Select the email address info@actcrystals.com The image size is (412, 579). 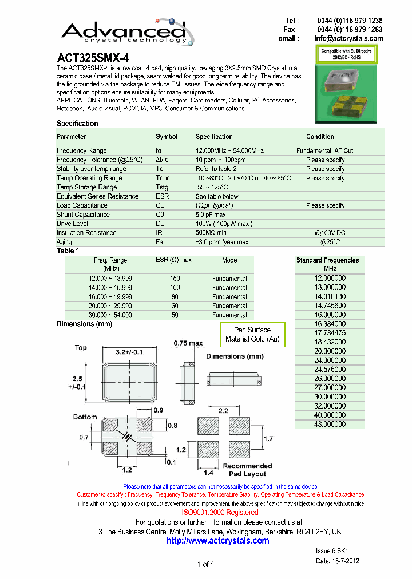348,38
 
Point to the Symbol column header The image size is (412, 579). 167,137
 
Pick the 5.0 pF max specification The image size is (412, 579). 211,215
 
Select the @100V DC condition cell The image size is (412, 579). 331,233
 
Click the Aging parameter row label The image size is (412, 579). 64,242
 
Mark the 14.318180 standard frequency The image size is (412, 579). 330,296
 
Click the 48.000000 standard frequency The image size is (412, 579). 330,424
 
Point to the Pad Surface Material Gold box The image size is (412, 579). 252,335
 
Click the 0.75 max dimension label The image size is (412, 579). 188,343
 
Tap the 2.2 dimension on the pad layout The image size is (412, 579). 224,410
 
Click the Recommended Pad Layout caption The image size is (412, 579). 247,470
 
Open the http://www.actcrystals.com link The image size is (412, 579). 217,541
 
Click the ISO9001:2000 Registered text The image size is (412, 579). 220,513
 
